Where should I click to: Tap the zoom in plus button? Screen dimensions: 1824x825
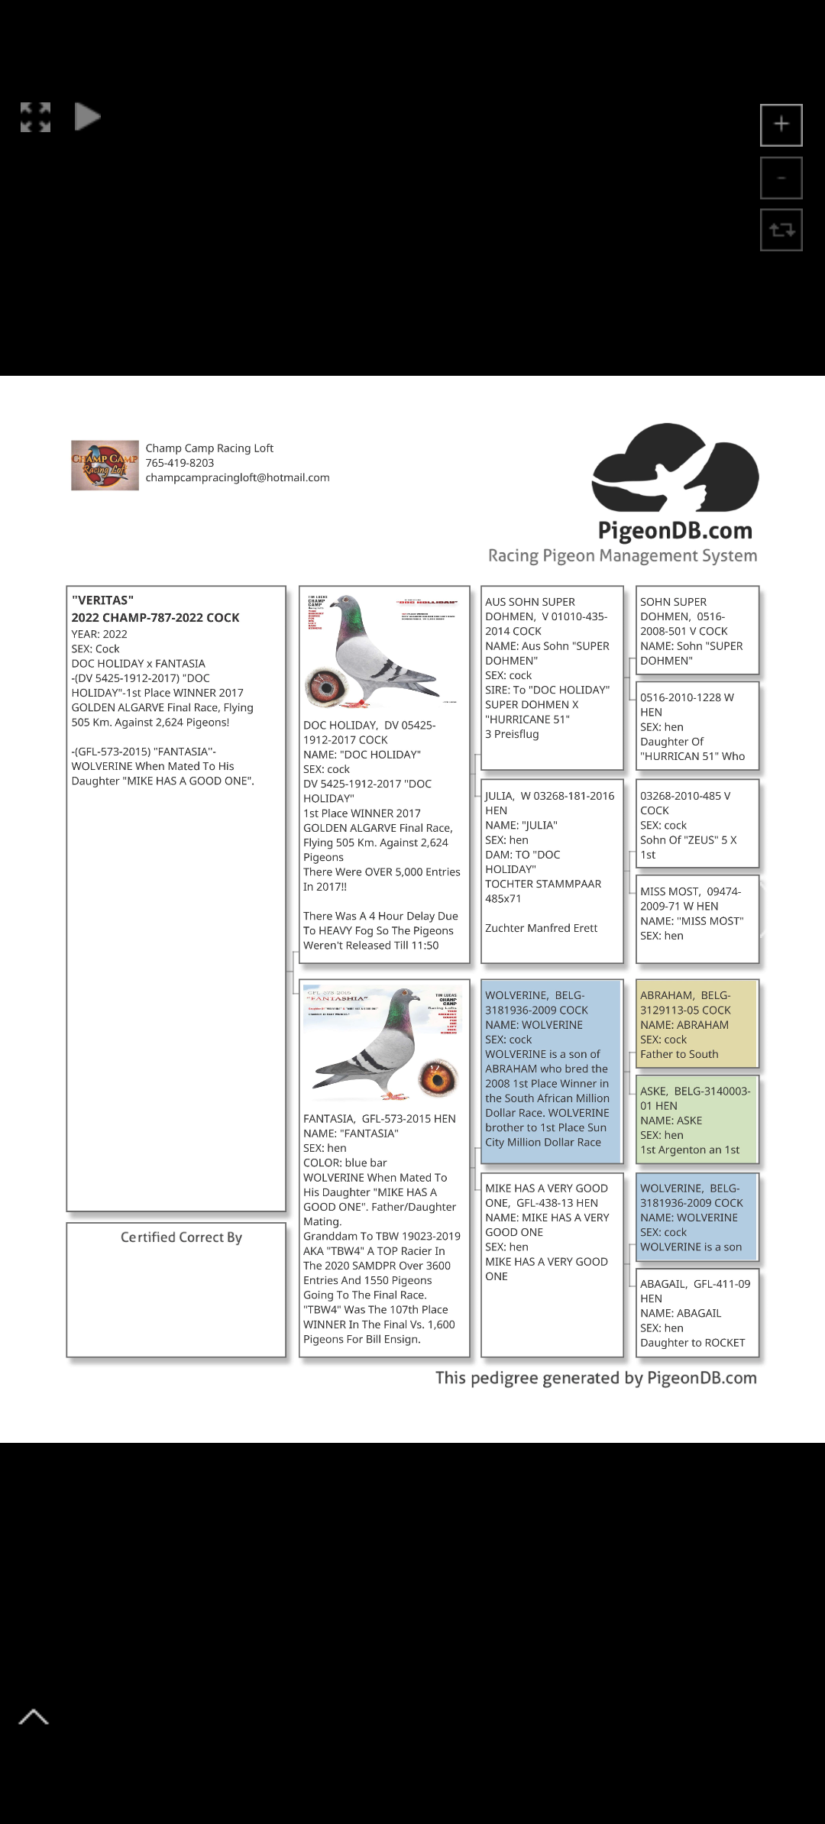click(781, 125)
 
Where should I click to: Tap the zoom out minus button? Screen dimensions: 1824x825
click(781, 178)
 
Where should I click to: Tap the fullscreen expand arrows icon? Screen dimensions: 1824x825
click(35, 118)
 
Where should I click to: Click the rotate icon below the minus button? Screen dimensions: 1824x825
click(781, 229)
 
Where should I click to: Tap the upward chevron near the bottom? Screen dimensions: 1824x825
click(34, 1717)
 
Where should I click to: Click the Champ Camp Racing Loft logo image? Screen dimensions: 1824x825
click(105, 465)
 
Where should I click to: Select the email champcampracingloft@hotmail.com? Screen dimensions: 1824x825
click(238, 477)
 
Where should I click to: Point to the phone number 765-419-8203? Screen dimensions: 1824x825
click(180, 463)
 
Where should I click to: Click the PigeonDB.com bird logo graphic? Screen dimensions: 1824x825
click(675, 467)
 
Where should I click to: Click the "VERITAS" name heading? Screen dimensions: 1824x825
click(102, 600)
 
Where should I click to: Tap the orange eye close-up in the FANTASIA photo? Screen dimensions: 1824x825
click(438, 1079)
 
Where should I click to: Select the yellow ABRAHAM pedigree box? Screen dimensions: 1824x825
click(697, 1024)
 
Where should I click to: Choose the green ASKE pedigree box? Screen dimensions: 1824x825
click(697, 1120)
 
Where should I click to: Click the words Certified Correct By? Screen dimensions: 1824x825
click(181, 1237)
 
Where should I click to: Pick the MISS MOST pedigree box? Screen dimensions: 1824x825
click(697, 919)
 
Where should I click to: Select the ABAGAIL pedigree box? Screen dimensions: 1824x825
click(697, 1312)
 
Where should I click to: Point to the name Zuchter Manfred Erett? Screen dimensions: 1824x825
click(541, 928)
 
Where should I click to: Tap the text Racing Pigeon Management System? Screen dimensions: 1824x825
click(623, 555)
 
